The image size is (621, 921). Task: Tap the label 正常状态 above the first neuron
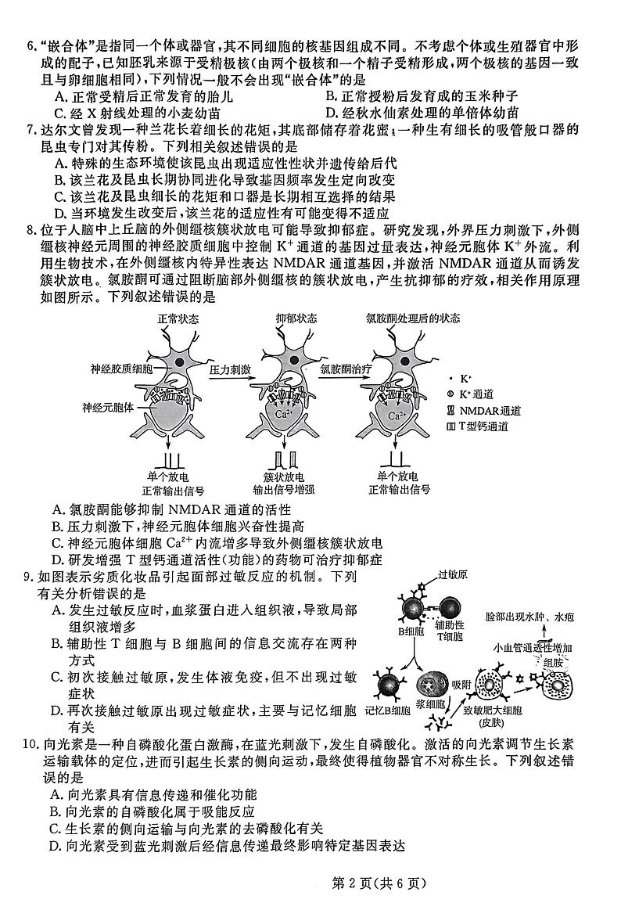click(x=178, y=319)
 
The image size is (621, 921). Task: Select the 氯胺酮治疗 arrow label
click(x=344, y=368)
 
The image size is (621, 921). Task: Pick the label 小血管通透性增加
click(x=533, y=648)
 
